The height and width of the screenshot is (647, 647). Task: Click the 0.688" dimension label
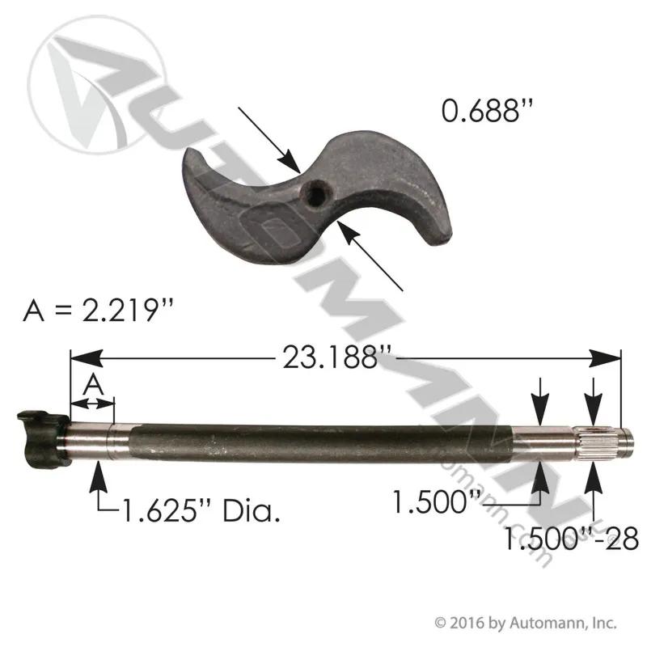487,111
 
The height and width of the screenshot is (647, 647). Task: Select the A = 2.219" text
98,310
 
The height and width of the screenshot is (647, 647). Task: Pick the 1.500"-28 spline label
571,539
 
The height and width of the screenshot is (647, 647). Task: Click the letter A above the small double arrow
94,385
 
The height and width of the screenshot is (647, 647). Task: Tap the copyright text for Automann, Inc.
526,622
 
